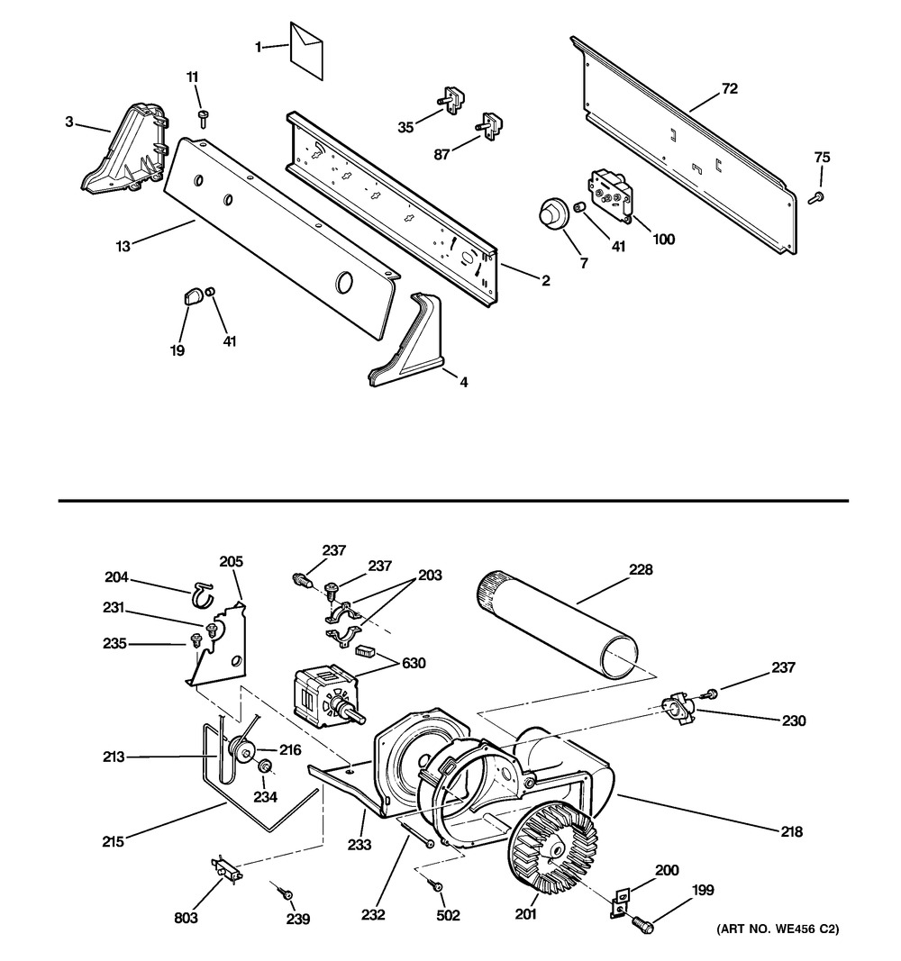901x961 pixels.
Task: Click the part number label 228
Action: coord(641,569)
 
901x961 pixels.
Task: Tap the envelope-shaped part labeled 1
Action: coord(306,50)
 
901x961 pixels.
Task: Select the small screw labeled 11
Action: coord(203,118)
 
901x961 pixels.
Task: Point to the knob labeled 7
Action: coord(551,214)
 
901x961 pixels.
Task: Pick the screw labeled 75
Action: coord(816,197)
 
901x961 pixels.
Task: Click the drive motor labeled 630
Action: coord(328,699)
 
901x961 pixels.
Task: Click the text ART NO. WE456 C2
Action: coord(778,929)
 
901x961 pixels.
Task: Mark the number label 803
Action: coord(187,917)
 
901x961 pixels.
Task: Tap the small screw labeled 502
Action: coord(436,885)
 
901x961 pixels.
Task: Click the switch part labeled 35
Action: coord(451,100)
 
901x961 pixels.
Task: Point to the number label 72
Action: coord(730,89)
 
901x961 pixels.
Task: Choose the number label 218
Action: coord(792,831)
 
